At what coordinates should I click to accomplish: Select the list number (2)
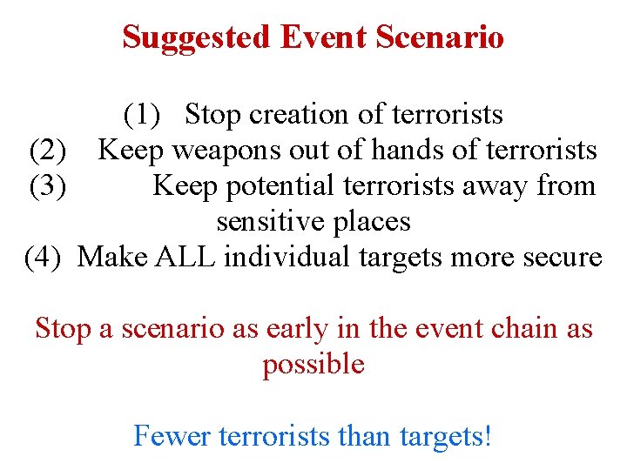(48, 151)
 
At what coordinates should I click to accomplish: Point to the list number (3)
(48, 186)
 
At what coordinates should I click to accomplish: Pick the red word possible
(313, 365)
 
